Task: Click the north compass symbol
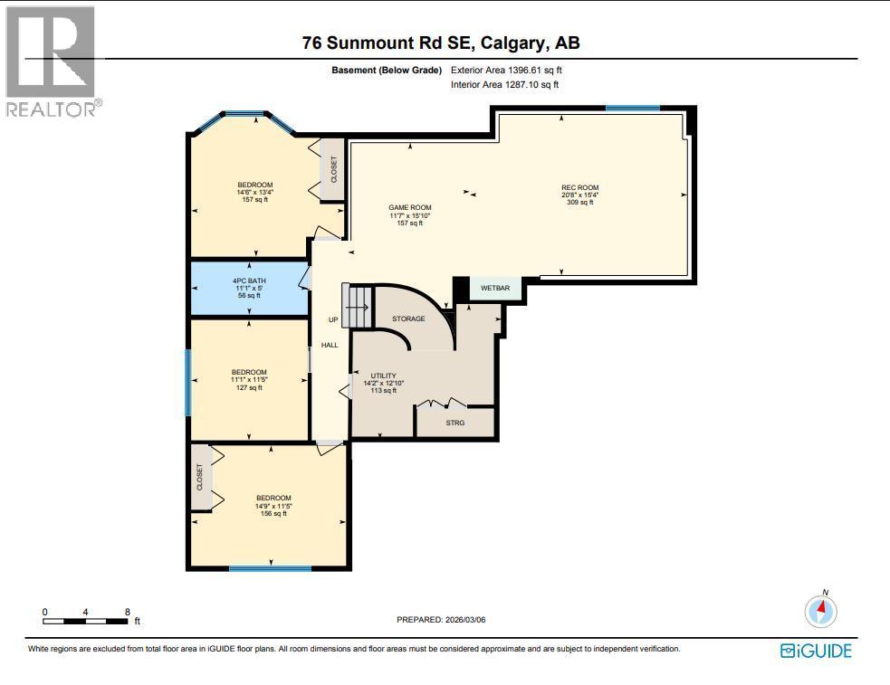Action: (x=821, y=611)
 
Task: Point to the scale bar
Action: (x=85, y=621)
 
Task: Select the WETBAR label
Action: (x=495, y=289)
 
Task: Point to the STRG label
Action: (x=455, y=423)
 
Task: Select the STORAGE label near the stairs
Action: (x=408, y=319)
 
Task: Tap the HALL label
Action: (x=330, y=345)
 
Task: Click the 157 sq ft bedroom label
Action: (x=254, y=192)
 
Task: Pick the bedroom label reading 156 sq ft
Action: (x=273, y=505)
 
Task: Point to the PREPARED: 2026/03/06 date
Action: (x=447, y=620)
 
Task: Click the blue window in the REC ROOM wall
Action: (x=632, y=109)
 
